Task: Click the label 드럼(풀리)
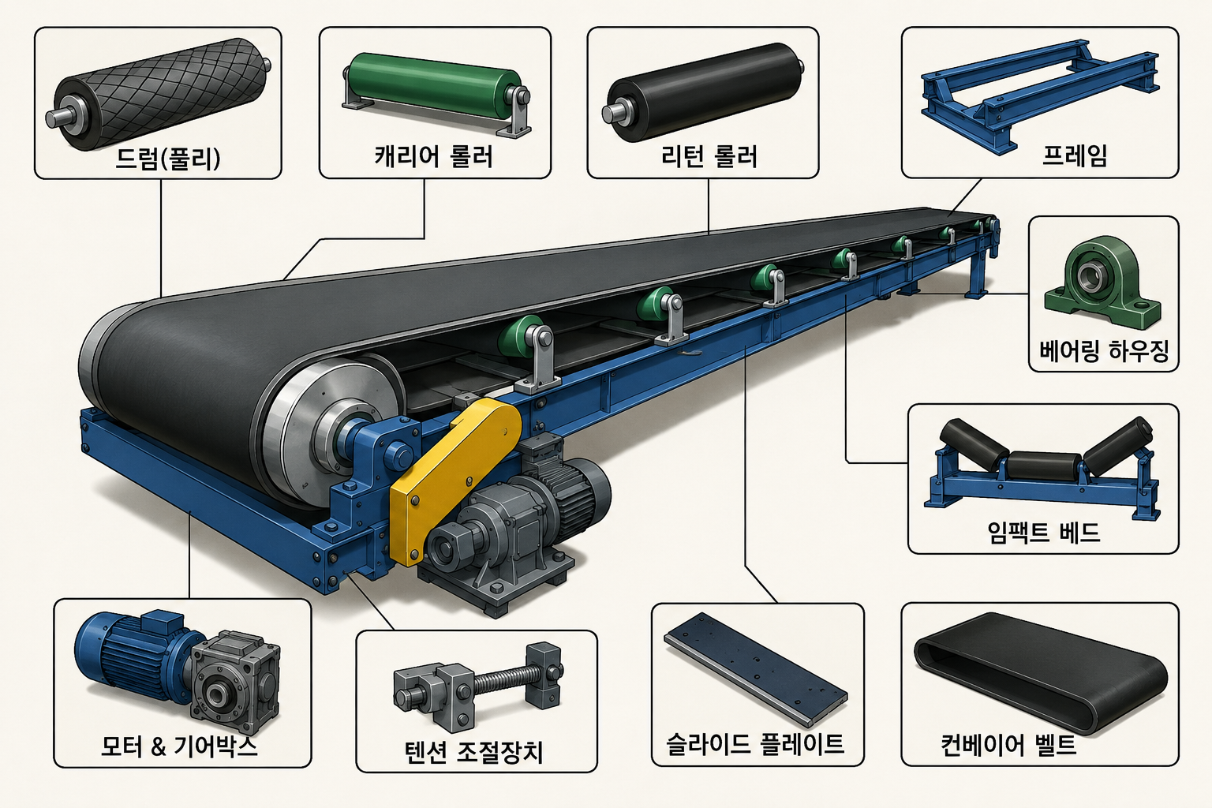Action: point(168,159)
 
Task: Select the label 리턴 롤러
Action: point(709,156)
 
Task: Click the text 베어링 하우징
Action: point(1105,351)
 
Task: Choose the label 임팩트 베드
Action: point(1044,532)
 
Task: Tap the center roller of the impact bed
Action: point(1045,465)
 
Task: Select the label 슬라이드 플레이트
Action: point(755,743)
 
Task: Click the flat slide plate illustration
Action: point(755,669)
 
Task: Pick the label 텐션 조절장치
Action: point(474,752)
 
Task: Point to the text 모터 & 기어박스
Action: point(179,746)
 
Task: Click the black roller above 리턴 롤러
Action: point(703,92)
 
